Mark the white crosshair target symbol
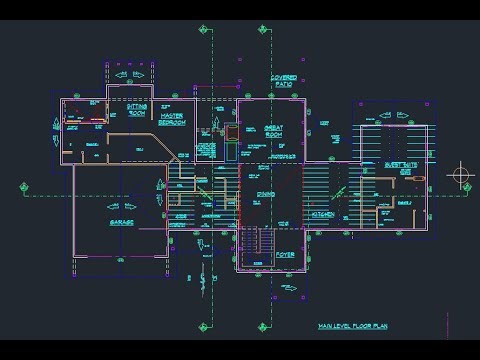461,176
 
